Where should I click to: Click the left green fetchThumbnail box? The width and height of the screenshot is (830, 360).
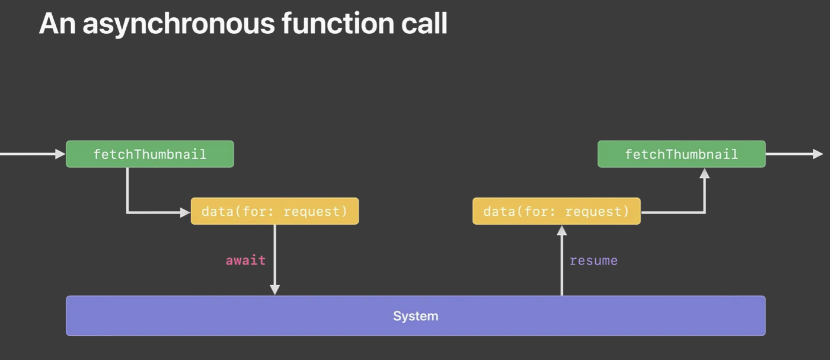(149, 154)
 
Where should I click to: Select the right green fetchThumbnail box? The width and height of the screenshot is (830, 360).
(681, 154)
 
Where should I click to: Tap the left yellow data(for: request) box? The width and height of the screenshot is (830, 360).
(274, 211)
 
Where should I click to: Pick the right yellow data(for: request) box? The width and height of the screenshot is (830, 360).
(556, 211)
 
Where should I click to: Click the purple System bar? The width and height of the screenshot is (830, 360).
(415, 316)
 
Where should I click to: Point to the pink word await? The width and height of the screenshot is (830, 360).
(245, 260)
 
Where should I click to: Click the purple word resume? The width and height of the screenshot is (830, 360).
(593, 260)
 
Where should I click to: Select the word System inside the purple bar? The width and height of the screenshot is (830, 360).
(415, 316)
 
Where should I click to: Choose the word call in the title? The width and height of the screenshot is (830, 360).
(422, 24)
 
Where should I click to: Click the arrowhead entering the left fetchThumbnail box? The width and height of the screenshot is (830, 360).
(60, 154)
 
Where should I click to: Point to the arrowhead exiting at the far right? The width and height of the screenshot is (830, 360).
(818, 154)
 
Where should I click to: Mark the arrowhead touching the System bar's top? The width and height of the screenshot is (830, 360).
(274, 289)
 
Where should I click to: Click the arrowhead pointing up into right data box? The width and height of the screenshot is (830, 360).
(561, 231)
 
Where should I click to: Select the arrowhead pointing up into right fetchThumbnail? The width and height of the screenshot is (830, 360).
(704, 174)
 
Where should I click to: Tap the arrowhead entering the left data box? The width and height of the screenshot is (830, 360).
(185, 212)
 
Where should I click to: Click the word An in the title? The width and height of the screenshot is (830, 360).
(57, 24)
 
